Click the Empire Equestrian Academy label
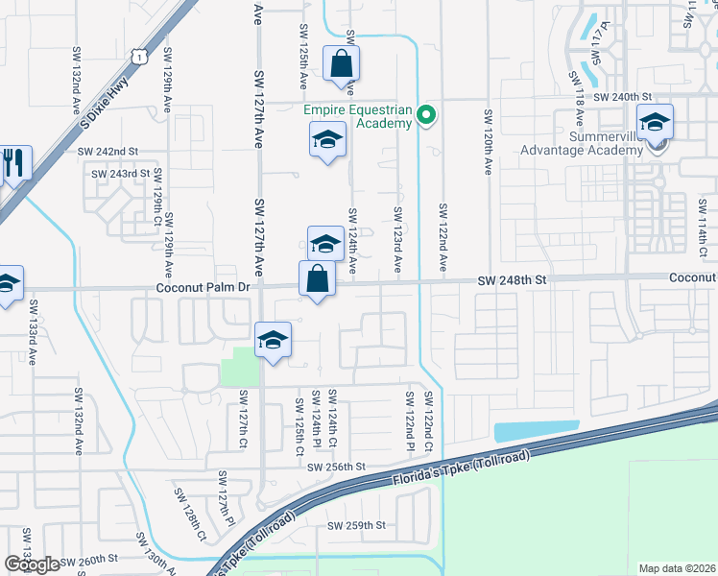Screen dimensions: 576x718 [x=358, y=116]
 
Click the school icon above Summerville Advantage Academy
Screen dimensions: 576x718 [x=656, y=122]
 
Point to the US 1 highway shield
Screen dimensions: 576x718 [x=139, y=58]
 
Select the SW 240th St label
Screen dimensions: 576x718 [x=622, y=98]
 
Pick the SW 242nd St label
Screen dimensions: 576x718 [x=108, y=152]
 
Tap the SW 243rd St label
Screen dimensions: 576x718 [x=120, y=174]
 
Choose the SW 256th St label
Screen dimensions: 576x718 [x=337, y=467]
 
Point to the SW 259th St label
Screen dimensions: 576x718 [x=356, y=525]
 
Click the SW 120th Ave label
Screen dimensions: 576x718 [x=488, y=140]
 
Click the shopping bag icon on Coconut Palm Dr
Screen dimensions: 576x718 [x=317, y=279]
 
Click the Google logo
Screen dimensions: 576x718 [x=32, y=564]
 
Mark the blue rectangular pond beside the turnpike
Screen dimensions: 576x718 [x=536, y=432]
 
